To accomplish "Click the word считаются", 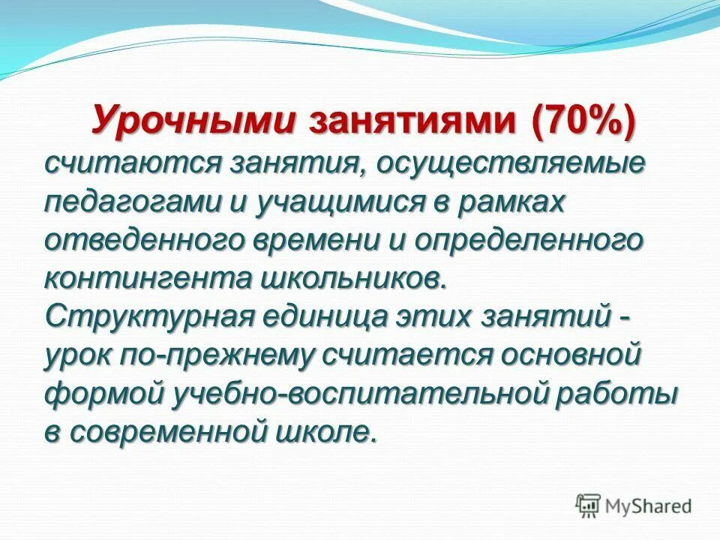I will point(127,163).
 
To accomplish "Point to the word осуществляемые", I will point(509,163).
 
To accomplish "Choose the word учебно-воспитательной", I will point(359,395).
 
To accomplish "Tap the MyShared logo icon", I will point(589,505).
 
